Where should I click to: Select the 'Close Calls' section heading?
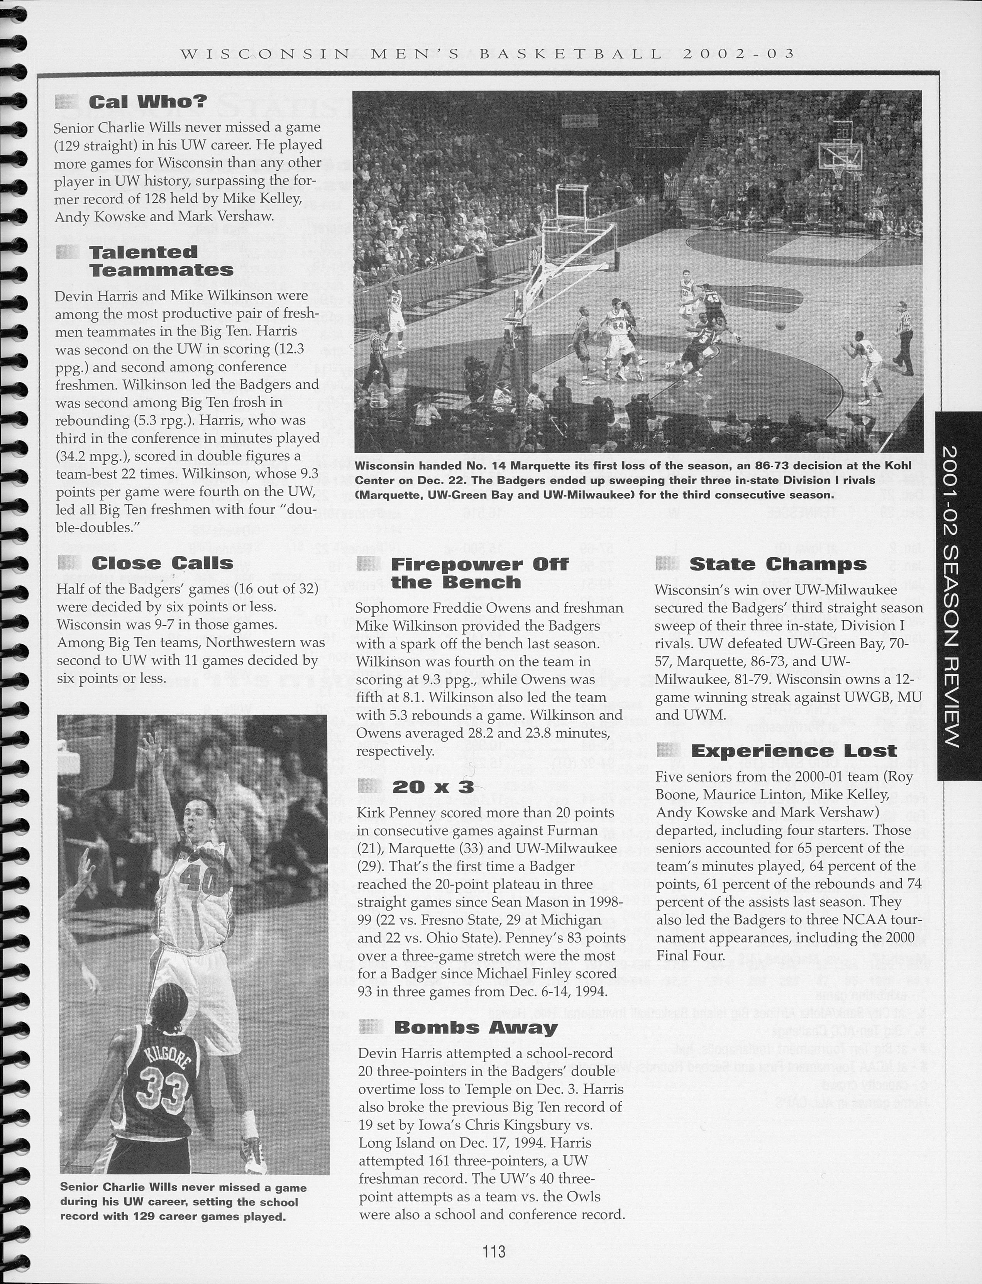coord(162,563)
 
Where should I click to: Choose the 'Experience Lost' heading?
coord(793,750)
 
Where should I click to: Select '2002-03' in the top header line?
coord(738,54)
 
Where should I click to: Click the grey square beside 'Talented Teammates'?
coord(67,252)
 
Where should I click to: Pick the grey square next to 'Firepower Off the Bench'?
coord(368,563)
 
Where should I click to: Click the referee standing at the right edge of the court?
coord(904,337)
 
